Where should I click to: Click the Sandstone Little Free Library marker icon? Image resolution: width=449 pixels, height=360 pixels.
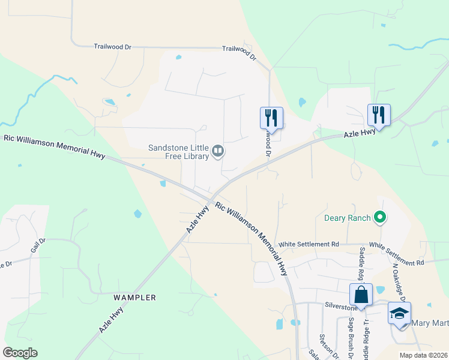[218, 151]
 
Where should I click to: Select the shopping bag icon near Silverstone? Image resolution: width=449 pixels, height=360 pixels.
[361, 295]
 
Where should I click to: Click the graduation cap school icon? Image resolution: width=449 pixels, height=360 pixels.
[400, 313]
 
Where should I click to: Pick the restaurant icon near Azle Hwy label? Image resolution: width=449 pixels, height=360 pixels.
[379, 115]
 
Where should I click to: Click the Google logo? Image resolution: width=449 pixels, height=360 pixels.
[20, 353]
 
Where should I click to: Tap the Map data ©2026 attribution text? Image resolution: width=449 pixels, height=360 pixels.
[424, 355]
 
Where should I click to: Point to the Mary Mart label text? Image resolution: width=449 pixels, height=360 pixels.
[430, 323]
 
